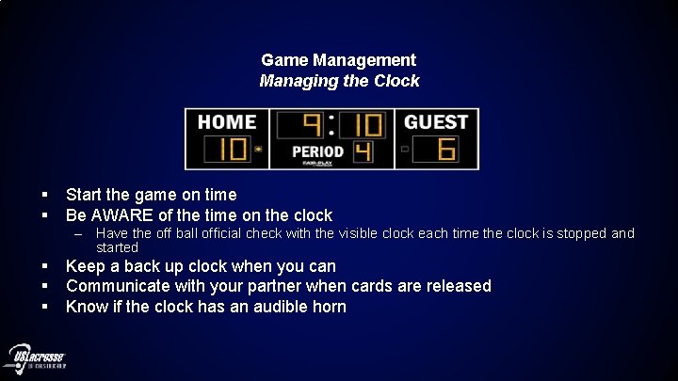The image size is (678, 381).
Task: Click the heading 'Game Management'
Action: pyautogui.click(x=339, y=60)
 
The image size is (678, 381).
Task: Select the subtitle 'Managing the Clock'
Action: pyautogui.click(x=339, y=81)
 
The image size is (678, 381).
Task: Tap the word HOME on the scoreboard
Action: pyautogui.click(x=227, y=122)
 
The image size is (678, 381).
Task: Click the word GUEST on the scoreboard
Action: pyautogui.click(x=436, y=122)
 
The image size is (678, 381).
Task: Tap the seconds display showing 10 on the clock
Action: pyautogui.click(x=363, y=125)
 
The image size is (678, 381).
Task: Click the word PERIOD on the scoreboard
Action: pyautogui.click(x=317, y=151)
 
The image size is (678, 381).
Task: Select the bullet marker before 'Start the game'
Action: pyautogui.click(x=44, y=195)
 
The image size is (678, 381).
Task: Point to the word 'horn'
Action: pyautogui.click(x=327, y=307)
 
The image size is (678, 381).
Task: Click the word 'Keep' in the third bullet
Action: pyautogui.click(x=83, y=266)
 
